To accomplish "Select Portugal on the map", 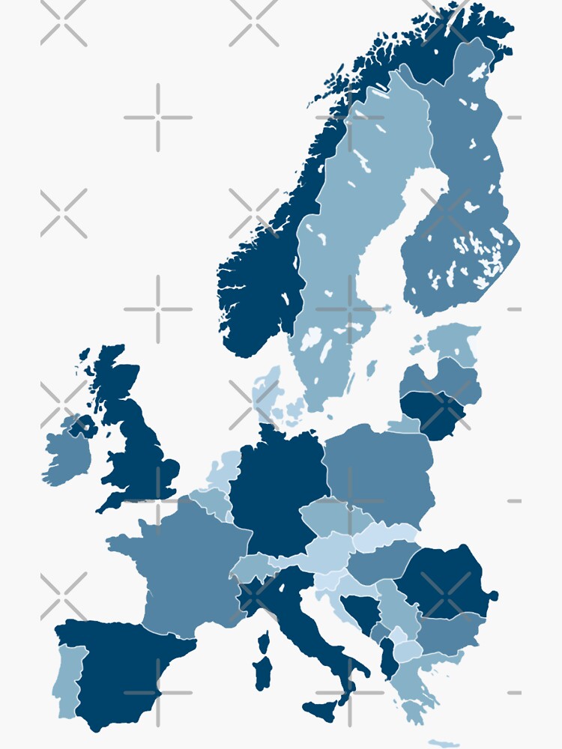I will click(x=67, y=678).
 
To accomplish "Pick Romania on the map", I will click(x=442, y=580).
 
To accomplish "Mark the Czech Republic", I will click(x=330, y=517).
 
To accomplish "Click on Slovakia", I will click(x=386, y=536).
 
